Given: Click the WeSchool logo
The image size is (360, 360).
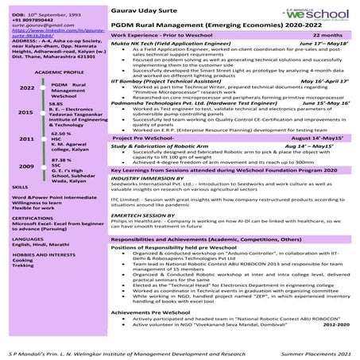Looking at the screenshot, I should [321, 14].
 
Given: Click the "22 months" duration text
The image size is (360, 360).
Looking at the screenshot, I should [336, 36].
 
